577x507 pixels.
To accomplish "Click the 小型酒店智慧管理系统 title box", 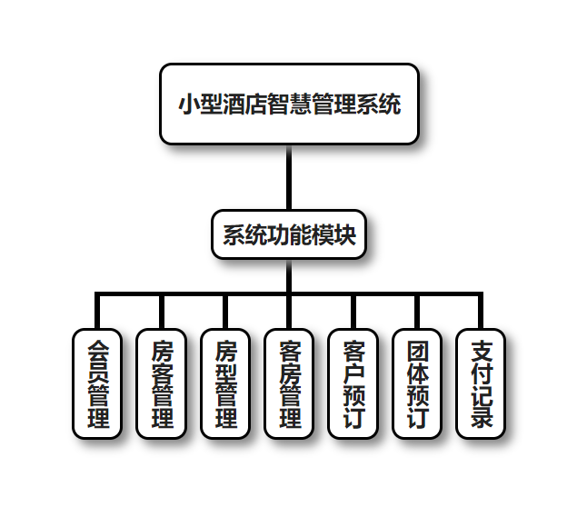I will (289, 104).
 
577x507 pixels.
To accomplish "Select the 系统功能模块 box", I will (289, 234).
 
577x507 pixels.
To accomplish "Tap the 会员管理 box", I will (97, 383).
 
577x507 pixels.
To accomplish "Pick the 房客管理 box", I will (161, 383).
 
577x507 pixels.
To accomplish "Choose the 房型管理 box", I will (224, 383).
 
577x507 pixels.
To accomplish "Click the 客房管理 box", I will (289, 383).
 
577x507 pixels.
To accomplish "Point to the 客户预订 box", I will (353, 383).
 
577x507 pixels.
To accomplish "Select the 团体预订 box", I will (416, 383).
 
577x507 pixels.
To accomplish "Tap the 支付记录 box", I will (481, 383).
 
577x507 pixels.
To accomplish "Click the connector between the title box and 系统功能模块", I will (289, 177).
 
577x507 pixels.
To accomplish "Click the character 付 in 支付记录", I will (481, 373).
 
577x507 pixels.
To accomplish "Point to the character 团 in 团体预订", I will (416, 351).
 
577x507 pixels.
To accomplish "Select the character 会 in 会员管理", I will (97, 351).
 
